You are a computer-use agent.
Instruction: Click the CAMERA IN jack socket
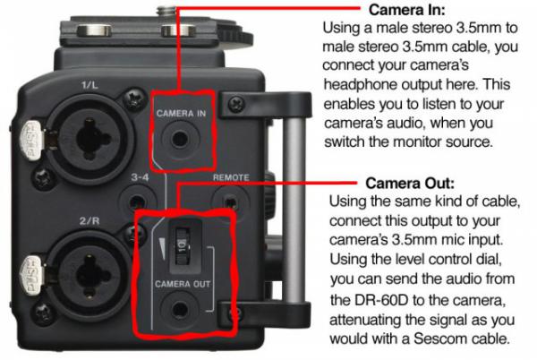point(180,139)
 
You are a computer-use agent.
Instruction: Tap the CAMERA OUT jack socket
point(179,310)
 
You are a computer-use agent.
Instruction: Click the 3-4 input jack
point(137,201)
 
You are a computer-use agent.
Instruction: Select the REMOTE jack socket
point(230,202)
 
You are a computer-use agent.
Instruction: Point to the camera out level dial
point(183,246)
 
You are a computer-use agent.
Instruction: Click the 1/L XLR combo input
point(89,139)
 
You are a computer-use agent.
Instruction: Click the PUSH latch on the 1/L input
point(31,140)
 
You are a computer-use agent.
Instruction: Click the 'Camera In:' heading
point(407,10)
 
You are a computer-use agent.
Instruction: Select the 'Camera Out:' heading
point(410,184)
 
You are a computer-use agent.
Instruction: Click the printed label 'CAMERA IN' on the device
point(181,114)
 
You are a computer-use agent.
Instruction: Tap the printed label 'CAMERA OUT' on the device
point(183,284)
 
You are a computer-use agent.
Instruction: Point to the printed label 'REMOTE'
point(231,177)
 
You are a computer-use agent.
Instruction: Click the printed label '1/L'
point(89,84)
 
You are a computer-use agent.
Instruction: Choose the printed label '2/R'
point(89,221)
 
